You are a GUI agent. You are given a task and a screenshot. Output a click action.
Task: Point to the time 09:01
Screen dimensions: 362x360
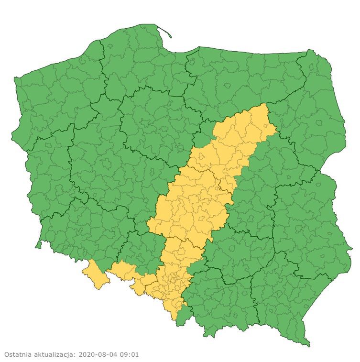[129, 355]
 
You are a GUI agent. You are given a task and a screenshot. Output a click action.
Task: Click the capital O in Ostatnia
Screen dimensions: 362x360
[7, 355]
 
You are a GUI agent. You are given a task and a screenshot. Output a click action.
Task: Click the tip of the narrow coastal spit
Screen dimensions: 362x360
[171, 36]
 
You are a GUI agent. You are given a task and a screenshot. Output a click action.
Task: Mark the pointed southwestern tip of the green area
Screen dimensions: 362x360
[36, 247]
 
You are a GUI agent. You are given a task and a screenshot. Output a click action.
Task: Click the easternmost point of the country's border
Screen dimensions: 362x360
[352, 249]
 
